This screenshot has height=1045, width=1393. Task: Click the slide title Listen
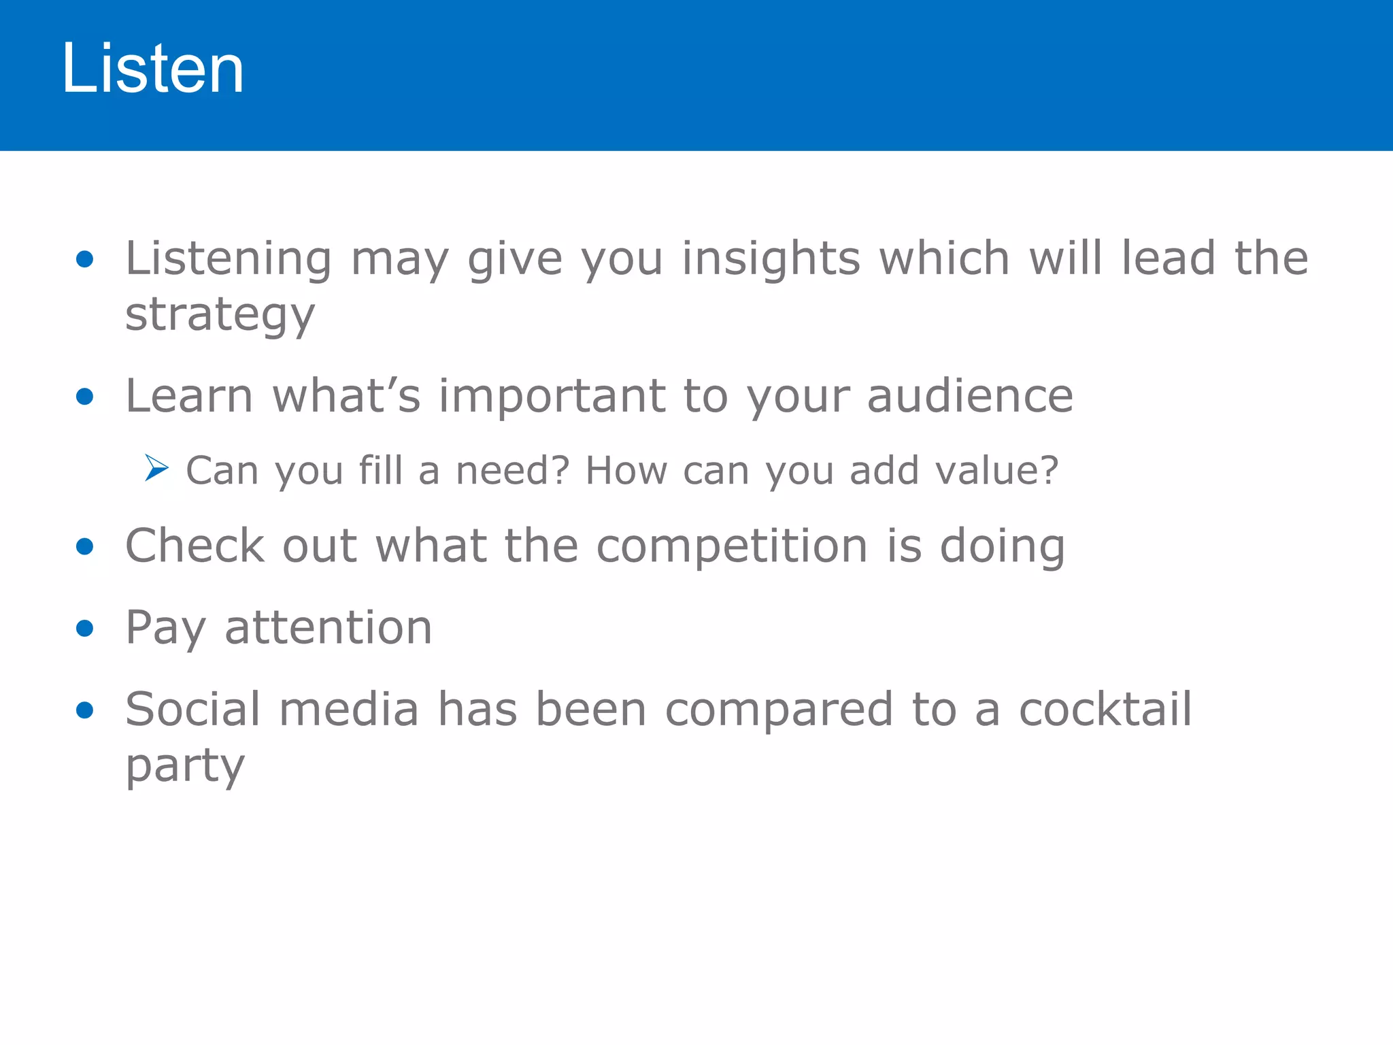(x=152, y=69)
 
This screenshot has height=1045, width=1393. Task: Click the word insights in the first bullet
(x=771, y=259)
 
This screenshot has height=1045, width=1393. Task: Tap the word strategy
(x=220, y=316)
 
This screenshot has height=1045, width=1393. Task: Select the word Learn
(x=189, y=396)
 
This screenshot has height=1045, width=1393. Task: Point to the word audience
(x=970, y=396)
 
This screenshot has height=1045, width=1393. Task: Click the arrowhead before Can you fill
(x=156, y=468)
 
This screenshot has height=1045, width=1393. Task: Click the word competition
(x=732, y=547)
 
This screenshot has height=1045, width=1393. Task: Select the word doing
(x=1002, y=547)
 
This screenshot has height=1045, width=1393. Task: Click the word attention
(x=328, y=627)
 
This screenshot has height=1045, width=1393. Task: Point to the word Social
(x=192, y=709)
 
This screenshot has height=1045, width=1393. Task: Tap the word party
(x=185, y=766)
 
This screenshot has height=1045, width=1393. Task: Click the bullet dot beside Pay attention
(x=85, y=628)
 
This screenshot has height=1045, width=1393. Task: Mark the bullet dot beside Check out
(x=85, y=546)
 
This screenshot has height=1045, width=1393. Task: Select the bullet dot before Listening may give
(x=85, y=259)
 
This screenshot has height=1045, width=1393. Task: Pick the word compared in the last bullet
(x=779, y=710)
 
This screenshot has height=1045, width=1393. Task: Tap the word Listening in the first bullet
(x=229, y=259)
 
